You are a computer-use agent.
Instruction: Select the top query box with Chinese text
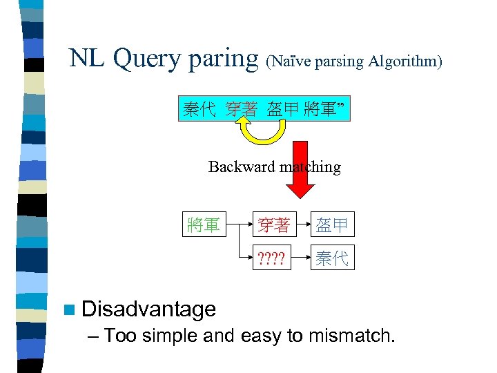click(x=265, y=109)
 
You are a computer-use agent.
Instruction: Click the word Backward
click(x=242, y=167)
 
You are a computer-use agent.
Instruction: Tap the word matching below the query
click(x=310, y=167)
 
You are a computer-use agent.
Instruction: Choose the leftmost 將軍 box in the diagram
click(x=204, y=224)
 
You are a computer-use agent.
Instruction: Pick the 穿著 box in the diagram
click(x=273, y=224)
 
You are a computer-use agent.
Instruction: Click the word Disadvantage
click(x=148, y=309)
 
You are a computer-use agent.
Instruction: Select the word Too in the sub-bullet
click(x=120, y=336)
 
